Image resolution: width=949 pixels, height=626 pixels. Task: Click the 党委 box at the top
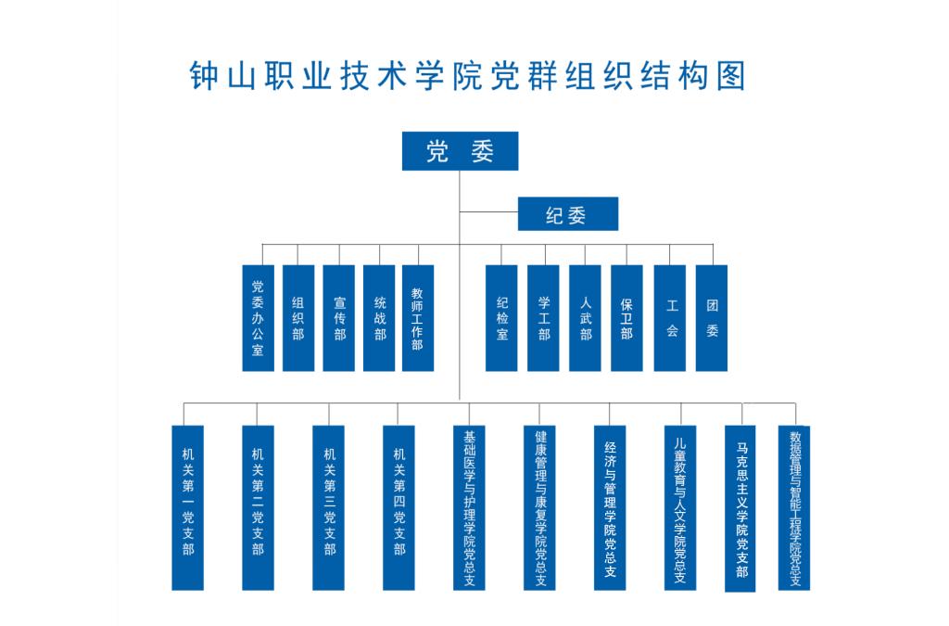click(x=460, y=151)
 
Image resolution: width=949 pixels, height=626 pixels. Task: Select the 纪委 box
click(x=566, y=214)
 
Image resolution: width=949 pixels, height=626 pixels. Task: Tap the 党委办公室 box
click(x=258, y=318)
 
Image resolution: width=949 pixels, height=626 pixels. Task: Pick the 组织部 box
click(x=298, y=318)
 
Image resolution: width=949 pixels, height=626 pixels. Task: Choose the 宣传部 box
click(x=339, y=318)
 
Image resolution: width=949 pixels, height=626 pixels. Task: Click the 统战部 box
click(x=380, y=318)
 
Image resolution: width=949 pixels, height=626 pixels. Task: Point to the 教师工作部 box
click(x=418, y=318)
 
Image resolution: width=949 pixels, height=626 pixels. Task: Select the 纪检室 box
click(x=501, y=318)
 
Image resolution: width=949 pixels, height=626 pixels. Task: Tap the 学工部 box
click(x=543, y=318)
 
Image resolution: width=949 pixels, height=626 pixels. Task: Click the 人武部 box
click(x=585, y=318)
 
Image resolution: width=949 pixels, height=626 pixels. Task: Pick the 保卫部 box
click(x=626, y=318)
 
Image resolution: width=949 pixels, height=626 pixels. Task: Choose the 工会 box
click(x=670, y=318)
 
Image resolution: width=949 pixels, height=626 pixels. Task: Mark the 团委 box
click(x=712, y=318)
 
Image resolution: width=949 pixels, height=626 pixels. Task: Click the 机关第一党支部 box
click(x=187, y=507)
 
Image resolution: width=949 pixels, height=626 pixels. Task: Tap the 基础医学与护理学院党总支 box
click(x=469, y=507)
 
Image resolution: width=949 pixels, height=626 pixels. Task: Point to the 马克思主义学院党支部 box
click(x=740, y=508)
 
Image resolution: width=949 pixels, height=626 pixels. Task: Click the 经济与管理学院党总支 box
click(x=610, y=507)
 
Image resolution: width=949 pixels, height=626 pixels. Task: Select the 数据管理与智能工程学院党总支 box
click(x=794, y=508)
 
